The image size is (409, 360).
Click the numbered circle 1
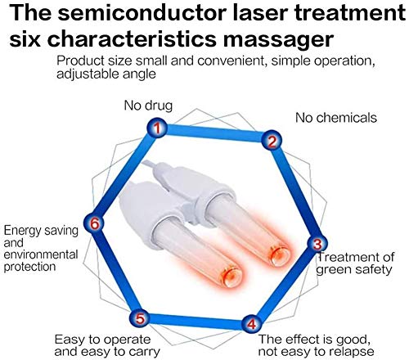[x=157, y=127]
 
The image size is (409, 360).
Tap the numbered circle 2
[x=271, y=141]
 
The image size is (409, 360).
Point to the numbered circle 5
[x=140, y=318]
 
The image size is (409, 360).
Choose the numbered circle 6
[x=96, y=223]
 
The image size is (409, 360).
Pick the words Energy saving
[x=40, y=230]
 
